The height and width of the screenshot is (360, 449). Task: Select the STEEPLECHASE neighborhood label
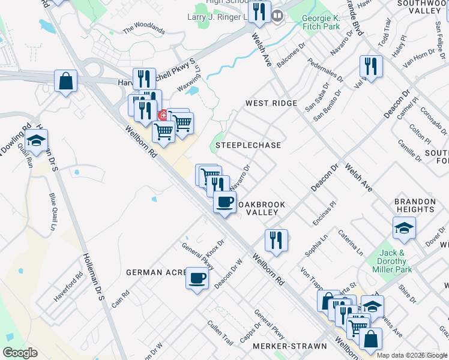tap(248, 145)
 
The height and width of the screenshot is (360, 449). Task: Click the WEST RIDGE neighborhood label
tap(271, 103)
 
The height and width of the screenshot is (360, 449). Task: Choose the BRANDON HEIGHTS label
tap(414, 205)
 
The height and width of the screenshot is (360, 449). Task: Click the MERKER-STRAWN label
tap(290, 346)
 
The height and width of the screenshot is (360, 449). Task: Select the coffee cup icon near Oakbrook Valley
tap(224, 202)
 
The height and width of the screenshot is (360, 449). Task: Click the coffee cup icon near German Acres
tap(197, 278)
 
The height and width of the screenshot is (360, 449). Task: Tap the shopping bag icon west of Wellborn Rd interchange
tap(65, 81)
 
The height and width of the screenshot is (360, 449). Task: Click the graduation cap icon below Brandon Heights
tap(404, 228)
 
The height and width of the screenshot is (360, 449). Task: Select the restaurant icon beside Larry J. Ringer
tap(259, 13)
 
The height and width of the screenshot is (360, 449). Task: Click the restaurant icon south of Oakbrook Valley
tap(276, 240)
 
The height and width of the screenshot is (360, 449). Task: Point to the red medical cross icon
tap(162, 115)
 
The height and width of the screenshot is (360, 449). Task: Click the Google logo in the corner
tap(20, 353)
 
